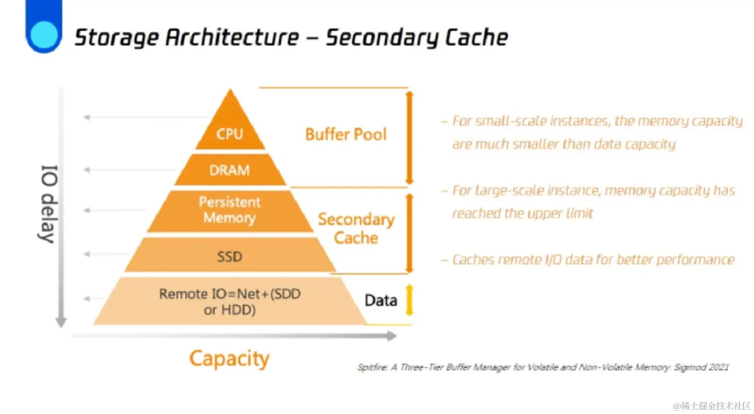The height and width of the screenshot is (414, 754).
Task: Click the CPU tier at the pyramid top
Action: click(x=230, y=132)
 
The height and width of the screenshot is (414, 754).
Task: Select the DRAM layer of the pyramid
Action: click(x=229, y=170)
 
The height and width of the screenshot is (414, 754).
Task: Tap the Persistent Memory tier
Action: click(x=229, y=210)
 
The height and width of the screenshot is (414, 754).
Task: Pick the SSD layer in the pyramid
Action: click(x=229, y=256)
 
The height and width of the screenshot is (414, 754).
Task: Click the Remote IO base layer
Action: click(x=229, y=301)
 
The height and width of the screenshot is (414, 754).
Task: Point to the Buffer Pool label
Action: click(x=346, y=134)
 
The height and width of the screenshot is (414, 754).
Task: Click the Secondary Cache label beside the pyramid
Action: click(x=356, y=228)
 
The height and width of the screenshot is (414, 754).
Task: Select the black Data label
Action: click(x=381, y=301)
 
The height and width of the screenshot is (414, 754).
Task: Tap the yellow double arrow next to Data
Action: click(x=409, y=300)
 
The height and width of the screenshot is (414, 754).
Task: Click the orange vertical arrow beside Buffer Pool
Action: click(x=409, y=137)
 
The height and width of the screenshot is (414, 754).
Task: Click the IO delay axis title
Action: click(x=48, y=204)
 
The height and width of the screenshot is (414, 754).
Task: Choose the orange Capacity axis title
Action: click(x=229, y=359)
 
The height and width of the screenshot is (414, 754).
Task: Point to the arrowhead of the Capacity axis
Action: click(x=391, y=336)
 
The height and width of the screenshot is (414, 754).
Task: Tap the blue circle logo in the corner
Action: click(x=44, y=35)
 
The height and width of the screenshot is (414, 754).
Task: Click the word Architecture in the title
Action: click(x=232, y=38)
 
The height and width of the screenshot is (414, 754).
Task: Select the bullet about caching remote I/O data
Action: click(x=592, y=260)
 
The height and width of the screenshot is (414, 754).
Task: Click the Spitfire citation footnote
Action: click(x=543, y=367)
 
